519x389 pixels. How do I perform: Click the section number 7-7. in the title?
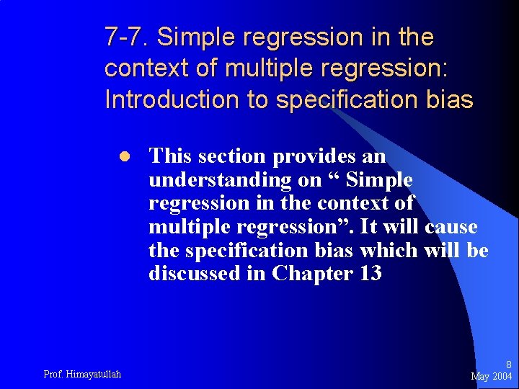point(126,36)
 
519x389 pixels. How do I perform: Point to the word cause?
point(451,227)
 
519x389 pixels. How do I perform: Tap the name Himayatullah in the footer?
point(93,374)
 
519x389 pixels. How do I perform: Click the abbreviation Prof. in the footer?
point(53,374)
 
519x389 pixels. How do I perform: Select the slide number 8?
point(508,365)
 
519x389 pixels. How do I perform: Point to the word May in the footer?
point(480,377)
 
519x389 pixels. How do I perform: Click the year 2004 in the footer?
point(502,377)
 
